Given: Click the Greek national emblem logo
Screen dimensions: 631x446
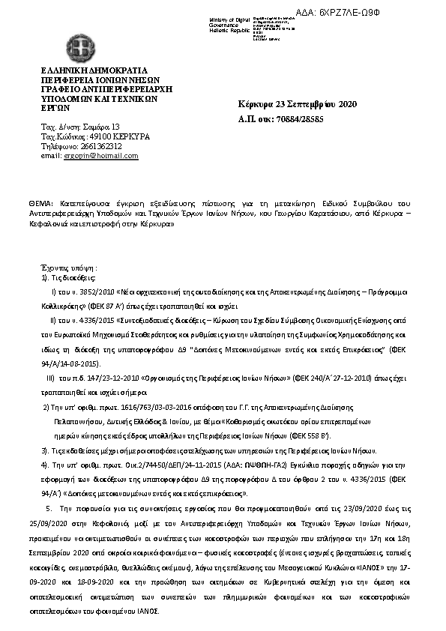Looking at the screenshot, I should pyautogui.click(x=79, y=49).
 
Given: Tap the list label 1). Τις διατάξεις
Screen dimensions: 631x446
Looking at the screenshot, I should pyautogui.click(x=64, y=277).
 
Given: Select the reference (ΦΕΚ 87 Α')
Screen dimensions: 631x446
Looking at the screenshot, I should pyautogui.click(x=133, y=307).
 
